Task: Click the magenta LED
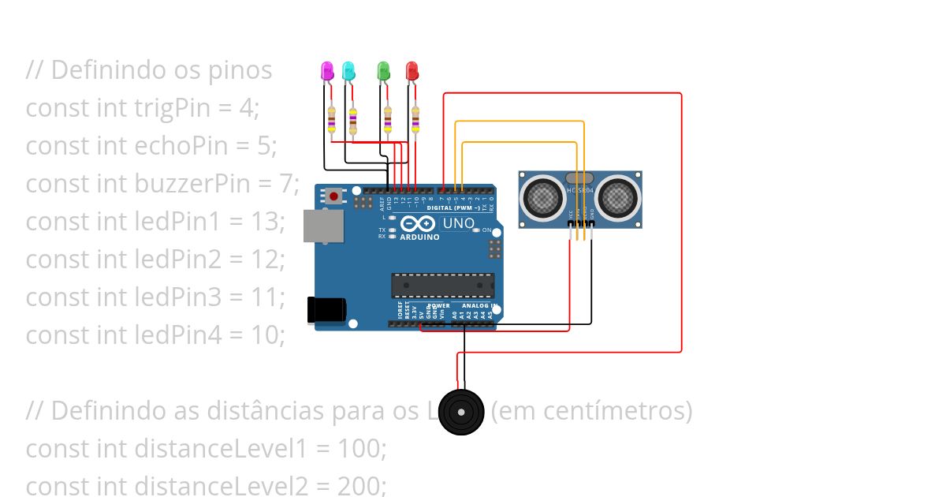(x=327, y=70)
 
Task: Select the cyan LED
(x=348, y=70)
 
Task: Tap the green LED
(x=383, y=70)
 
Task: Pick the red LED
(x=412, y=71)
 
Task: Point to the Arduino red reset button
(x=334, y=195)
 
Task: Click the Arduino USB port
(x=322, y=226)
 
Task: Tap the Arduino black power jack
(x=325, y=308)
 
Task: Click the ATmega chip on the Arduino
(x=442, y=286)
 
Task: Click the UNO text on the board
(x=458, y=223)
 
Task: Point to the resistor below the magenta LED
(x=332, y=120)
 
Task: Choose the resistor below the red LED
(x=415, y=120)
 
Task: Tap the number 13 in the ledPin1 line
(x=265, y=222)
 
